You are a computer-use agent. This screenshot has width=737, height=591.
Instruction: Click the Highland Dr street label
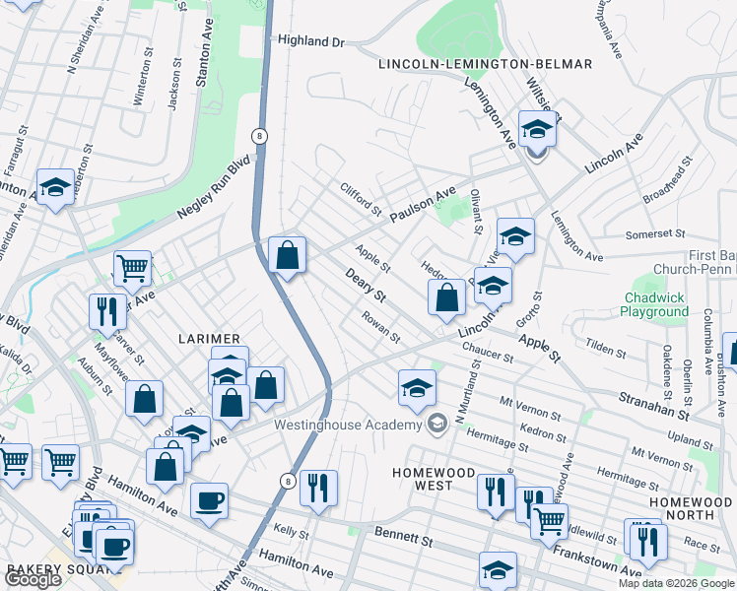310,41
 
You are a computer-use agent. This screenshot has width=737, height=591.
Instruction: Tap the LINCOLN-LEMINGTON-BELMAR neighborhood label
486,64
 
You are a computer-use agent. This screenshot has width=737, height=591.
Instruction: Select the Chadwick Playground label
654,304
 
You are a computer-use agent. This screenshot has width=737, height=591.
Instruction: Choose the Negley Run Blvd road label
214,187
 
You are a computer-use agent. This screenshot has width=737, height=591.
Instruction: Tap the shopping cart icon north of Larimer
131,267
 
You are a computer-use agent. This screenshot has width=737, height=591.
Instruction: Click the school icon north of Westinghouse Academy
417,388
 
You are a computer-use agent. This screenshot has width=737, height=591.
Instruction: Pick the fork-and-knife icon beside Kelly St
318,487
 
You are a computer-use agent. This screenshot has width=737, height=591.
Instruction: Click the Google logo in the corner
32,579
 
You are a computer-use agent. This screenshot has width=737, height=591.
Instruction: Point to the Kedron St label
545,435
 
